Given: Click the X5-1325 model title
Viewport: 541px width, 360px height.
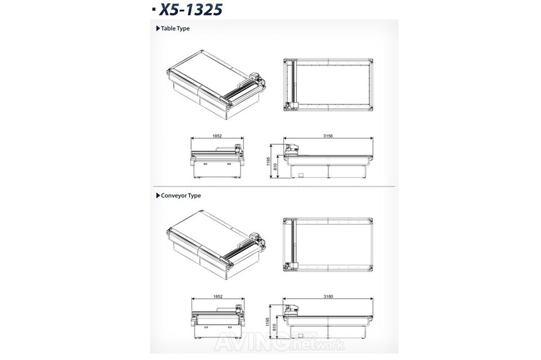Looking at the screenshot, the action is [190, 10].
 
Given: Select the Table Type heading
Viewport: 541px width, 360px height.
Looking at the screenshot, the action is [175, 29].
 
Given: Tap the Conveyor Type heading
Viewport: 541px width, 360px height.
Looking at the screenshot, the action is [181, 195].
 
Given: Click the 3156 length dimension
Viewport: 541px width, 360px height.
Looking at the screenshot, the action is [328, 136].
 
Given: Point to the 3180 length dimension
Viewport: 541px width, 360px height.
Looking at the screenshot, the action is [329, 296].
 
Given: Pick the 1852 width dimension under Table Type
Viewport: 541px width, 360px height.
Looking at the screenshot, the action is [217, 136].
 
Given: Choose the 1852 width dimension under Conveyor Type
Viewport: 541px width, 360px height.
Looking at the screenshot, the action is [218, 296].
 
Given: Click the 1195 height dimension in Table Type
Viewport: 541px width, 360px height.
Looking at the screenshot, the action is [268, 161].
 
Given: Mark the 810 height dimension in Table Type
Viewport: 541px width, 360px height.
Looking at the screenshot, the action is [276, 167].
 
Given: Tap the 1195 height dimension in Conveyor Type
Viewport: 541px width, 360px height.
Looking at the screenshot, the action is [268, 322].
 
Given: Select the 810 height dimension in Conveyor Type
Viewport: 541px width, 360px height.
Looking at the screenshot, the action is [276, 327].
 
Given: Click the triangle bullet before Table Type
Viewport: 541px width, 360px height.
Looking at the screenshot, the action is [158, 28].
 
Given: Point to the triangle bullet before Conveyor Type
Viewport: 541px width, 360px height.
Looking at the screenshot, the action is [158, 195].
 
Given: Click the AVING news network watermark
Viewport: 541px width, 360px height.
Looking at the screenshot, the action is [280, 341].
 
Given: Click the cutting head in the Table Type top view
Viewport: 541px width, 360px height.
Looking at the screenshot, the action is [295, 104].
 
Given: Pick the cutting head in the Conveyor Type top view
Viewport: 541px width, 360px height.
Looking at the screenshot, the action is [295, 264].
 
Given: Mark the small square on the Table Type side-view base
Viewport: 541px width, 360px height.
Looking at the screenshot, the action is [301, 175].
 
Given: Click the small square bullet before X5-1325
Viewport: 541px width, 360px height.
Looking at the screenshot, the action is [154, 10].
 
